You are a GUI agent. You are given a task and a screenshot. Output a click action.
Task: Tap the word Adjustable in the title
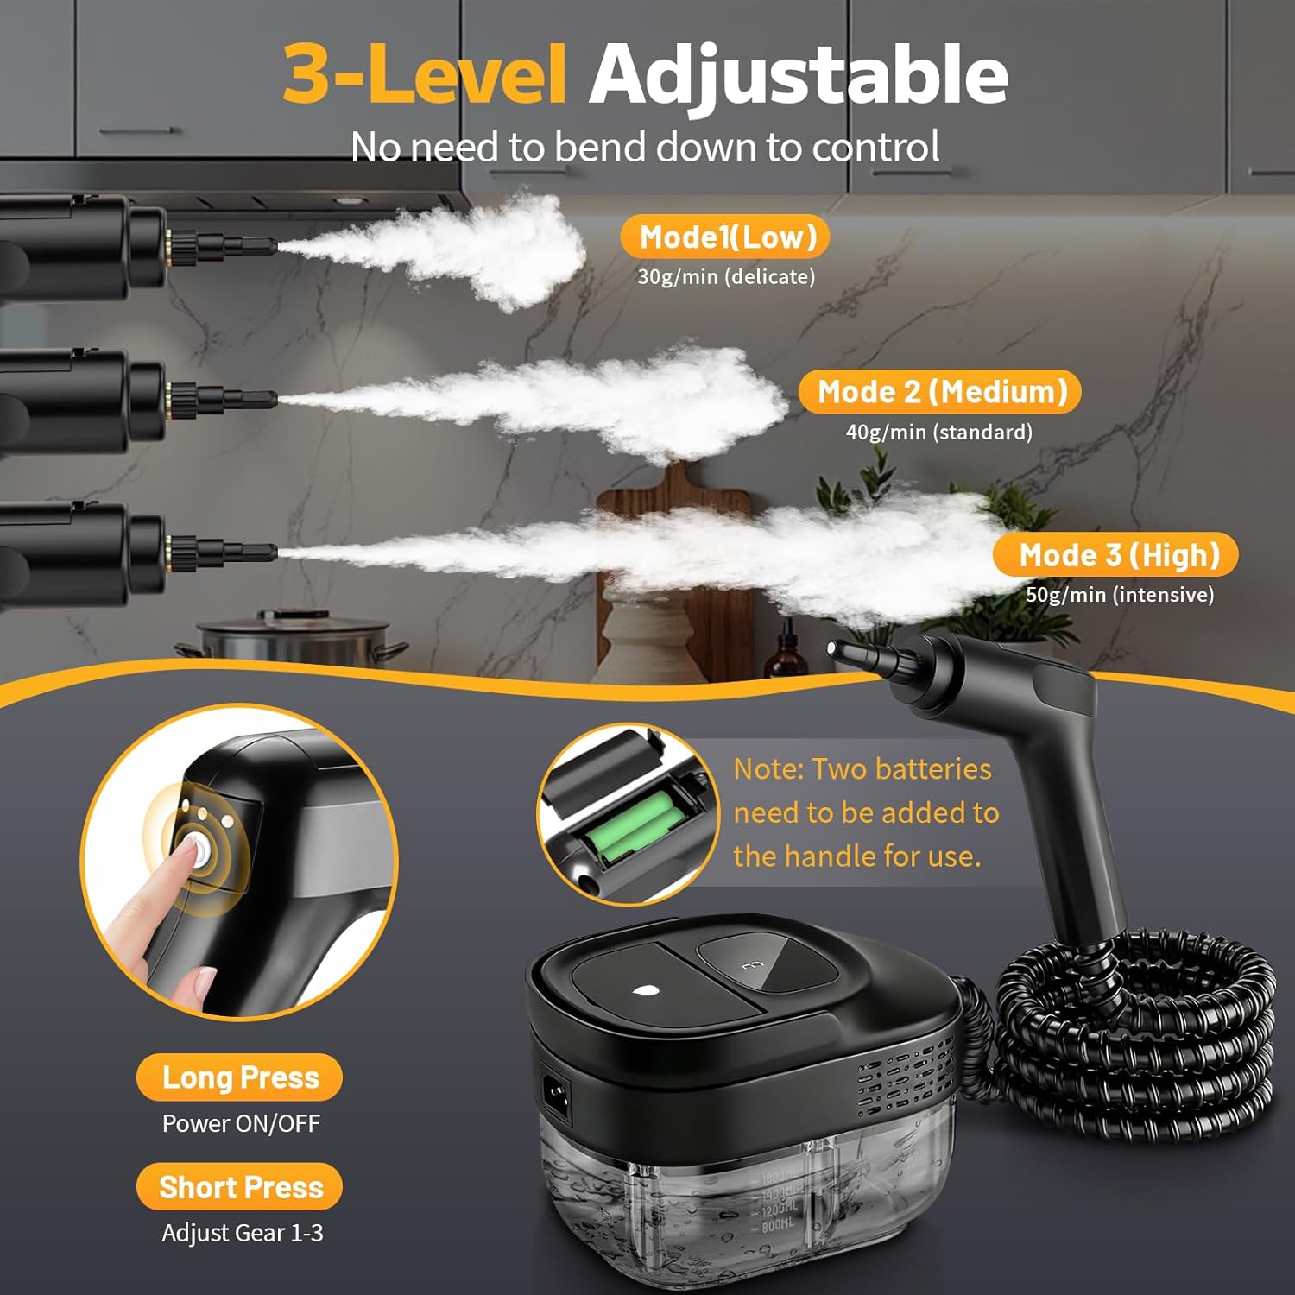coord(799,76)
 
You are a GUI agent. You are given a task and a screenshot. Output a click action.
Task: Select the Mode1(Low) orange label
coord(725,237)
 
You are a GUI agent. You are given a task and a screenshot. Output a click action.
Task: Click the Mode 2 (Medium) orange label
coord(940,392)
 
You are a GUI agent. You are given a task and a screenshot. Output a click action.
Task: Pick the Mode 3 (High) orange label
coord(1115,555)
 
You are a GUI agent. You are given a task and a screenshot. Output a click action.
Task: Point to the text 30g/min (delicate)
coord(726,276)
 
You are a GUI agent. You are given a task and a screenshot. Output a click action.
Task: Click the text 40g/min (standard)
coord(939,432)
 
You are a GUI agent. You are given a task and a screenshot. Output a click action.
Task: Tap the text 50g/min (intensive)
coord(1120,594)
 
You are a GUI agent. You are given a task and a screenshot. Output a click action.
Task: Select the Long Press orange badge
coord(239,1077)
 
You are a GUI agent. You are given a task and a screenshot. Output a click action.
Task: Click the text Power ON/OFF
coord(241,1123)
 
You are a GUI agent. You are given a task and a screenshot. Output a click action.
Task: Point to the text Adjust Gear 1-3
coord(243,1233)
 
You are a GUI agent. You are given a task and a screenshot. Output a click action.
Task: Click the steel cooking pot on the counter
coord(289,643)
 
